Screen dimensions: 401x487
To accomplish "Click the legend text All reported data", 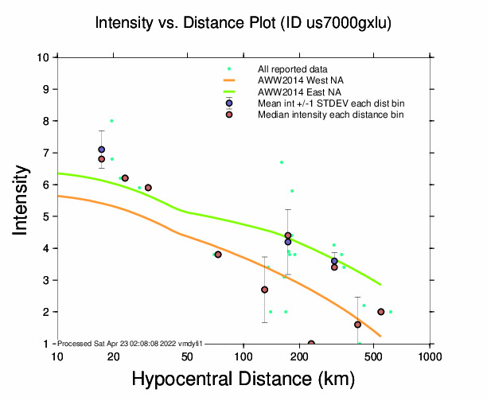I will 294,69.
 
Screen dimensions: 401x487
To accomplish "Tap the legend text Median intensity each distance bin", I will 330,115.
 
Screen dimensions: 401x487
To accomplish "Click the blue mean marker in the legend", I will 229,103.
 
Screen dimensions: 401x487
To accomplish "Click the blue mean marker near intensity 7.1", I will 102,150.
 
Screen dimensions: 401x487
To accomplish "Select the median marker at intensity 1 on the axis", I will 311,344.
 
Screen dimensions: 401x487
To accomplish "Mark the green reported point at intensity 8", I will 111,121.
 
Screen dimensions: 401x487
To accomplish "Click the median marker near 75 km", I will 218,255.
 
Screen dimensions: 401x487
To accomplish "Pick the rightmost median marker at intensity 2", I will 381,312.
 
